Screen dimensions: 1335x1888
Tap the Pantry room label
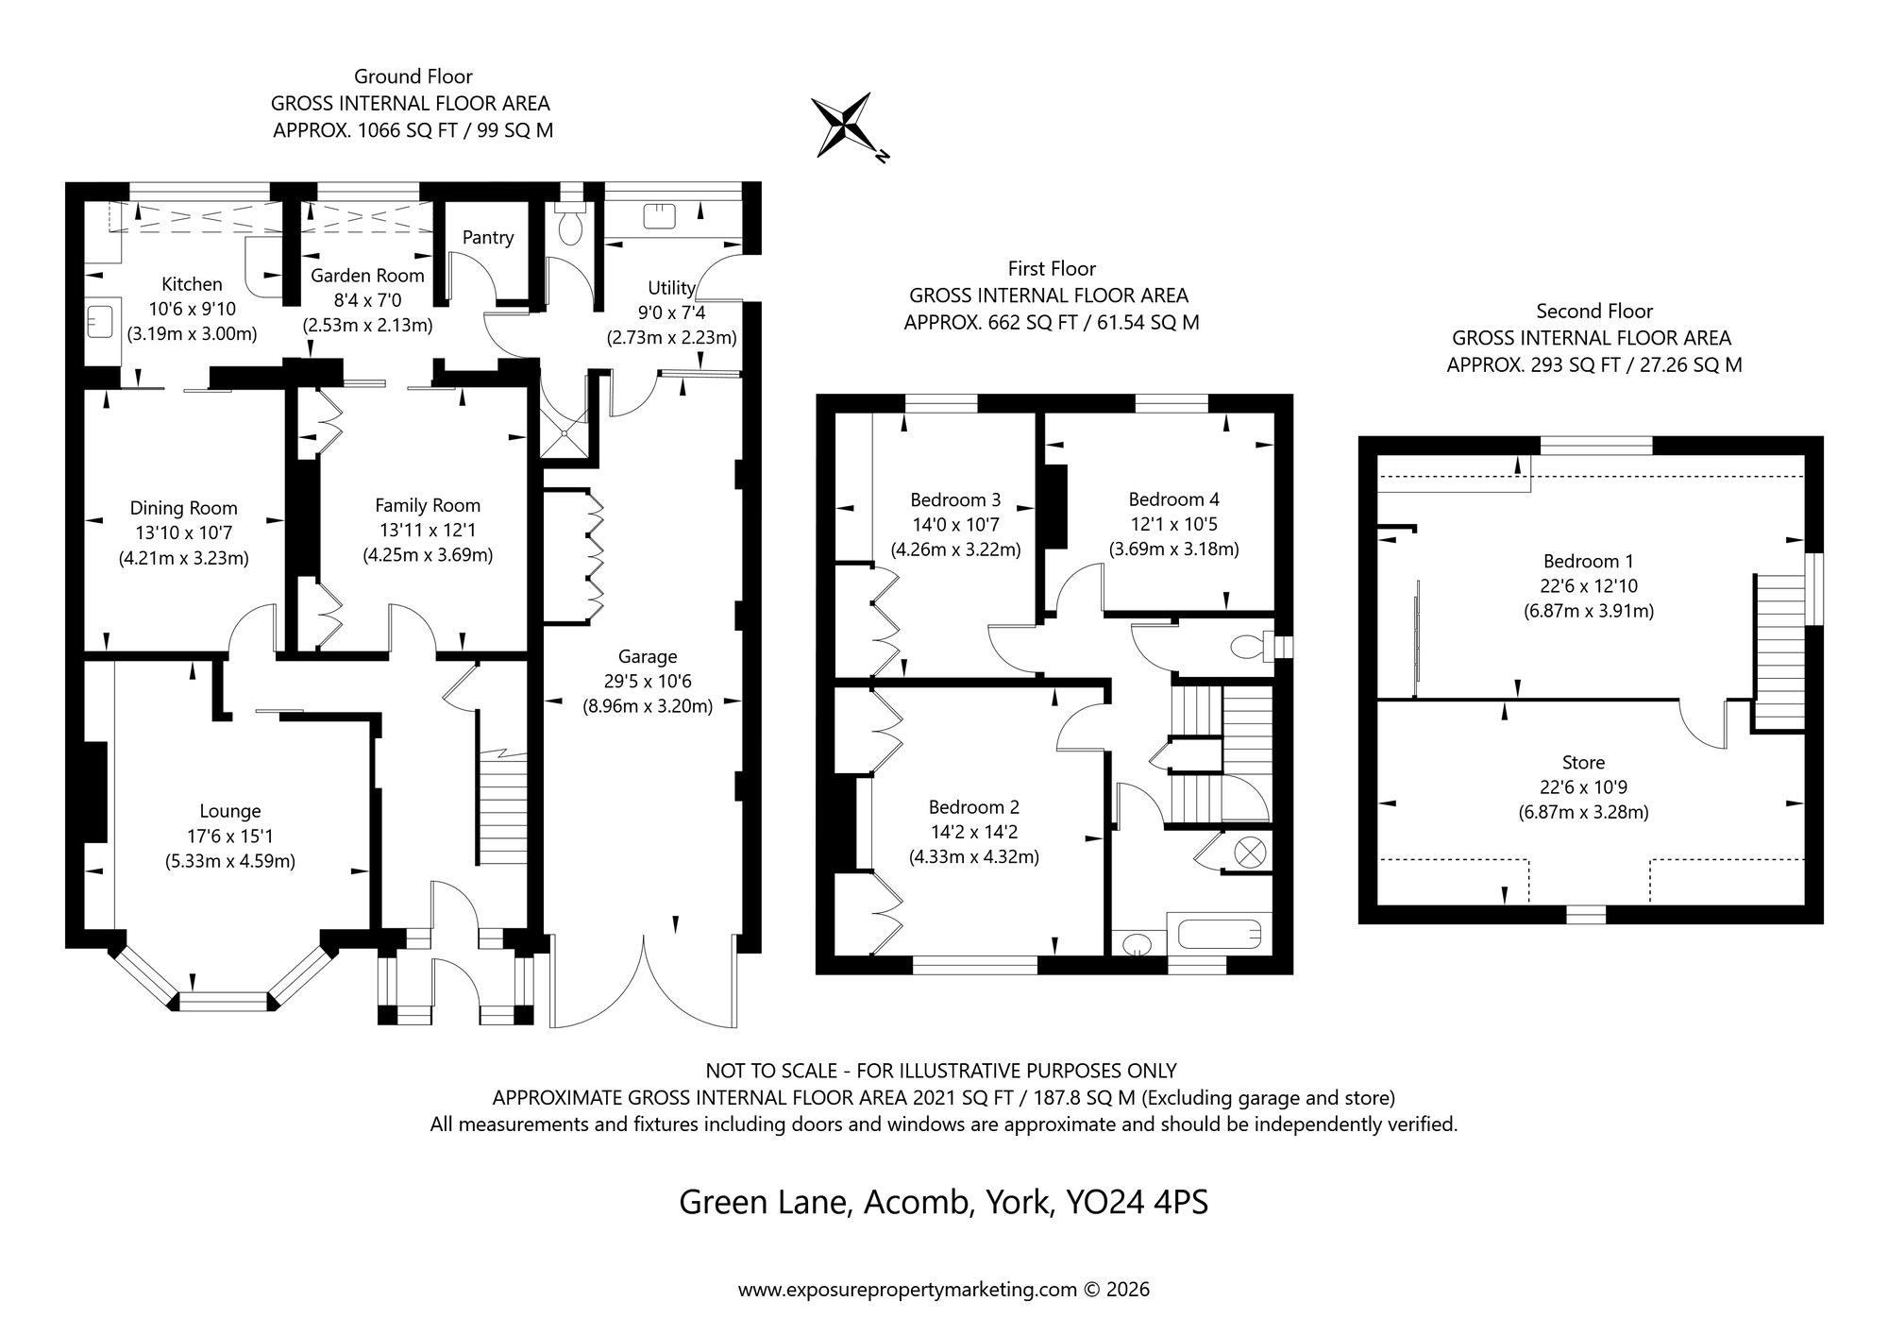(x=488, y=238)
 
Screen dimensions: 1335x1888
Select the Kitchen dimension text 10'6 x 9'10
(x=192, y=309)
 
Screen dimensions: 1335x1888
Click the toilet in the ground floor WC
(x=570, y=227)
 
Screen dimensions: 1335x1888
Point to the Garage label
(x=648, y=656)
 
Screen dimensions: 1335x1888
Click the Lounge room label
(x=230, y=811)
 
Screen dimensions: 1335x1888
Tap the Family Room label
(x=428, y=505)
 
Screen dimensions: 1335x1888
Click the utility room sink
(x=660, y=217)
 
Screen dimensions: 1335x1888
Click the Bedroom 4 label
(x=1173, y=499)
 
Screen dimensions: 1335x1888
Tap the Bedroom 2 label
(x=973, y=807)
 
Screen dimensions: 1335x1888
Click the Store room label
(x=1583, y=762)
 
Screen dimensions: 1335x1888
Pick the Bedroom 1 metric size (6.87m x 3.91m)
(x=1588, y=611)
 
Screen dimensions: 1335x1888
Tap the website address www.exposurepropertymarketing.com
(x=906, y=1290)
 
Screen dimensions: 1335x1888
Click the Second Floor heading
(x=1594, y=311)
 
